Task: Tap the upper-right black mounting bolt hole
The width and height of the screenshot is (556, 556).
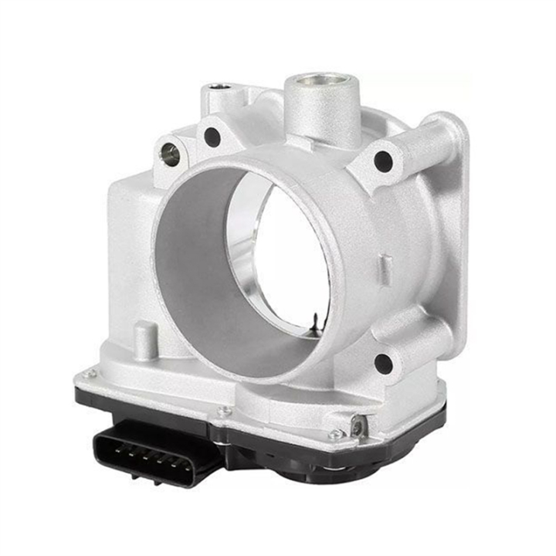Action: click(383, 161)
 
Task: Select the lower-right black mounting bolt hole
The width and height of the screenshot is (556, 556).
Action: click(383, 363)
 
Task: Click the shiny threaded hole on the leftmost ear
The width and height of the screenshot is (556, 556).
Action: click(170, 154)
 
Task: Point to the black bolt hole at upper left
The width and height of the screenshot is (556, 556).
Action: click(212, 137)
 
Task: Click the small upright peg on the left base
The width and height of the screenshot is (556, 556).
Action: click(144, 338)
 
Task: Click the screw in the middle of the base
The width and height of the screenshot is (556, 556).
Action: click(224, 412)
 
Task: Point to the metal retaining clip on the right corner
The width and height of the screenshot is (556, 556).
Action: click(357, 426)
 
